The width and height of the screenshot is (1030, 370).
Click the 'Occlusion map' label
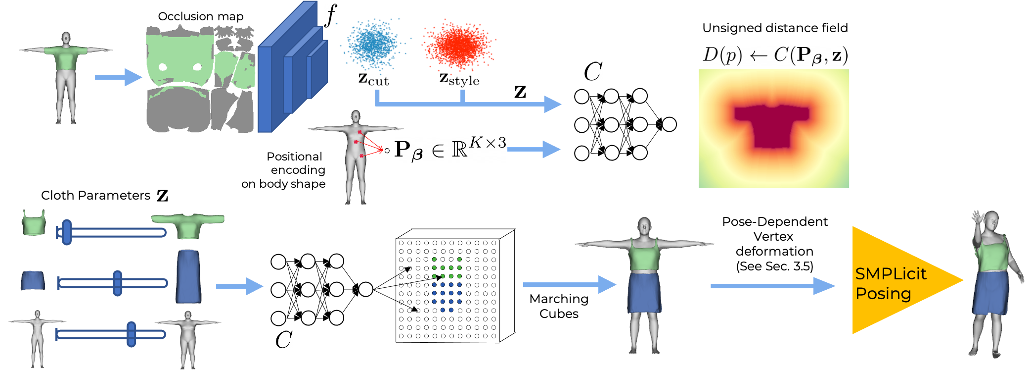point(201,16)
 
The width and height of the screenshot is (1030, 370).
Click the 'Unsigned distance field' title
point(775,28)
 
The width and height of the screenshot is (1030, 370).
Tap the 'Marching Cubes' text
point(559,306)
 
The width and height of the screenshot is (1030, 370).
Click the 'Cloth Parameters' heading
point(95,195)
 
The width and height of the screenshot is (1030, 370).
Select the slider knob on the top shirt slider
point(67,232)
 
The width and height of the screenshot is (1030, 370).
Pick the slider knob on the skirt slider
point(117,283)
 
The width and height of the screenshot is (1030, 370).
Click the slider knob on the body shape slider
point(131,334)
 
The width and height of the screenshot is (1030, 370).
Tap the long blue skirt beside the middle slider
point(188,276)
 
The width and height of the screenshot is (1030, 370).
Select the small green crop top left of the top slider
point(34,222)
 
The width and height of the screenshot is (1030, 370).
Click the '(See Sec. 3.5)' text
point(774,266)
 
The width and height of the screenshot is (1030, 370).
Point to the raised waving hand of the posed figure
point(977,217)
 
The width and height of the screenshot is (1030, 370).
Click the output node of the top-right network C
point(669,124)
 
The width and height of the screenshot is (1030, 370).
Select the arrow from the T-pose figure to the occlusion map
point(118,77)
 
